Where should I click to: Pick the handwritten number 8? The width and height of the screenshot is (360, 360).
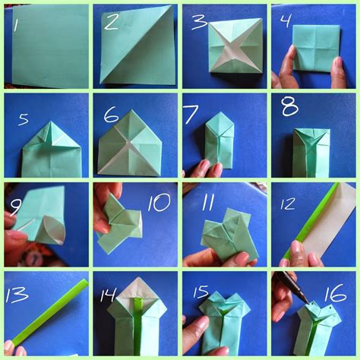coord(289,106)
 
